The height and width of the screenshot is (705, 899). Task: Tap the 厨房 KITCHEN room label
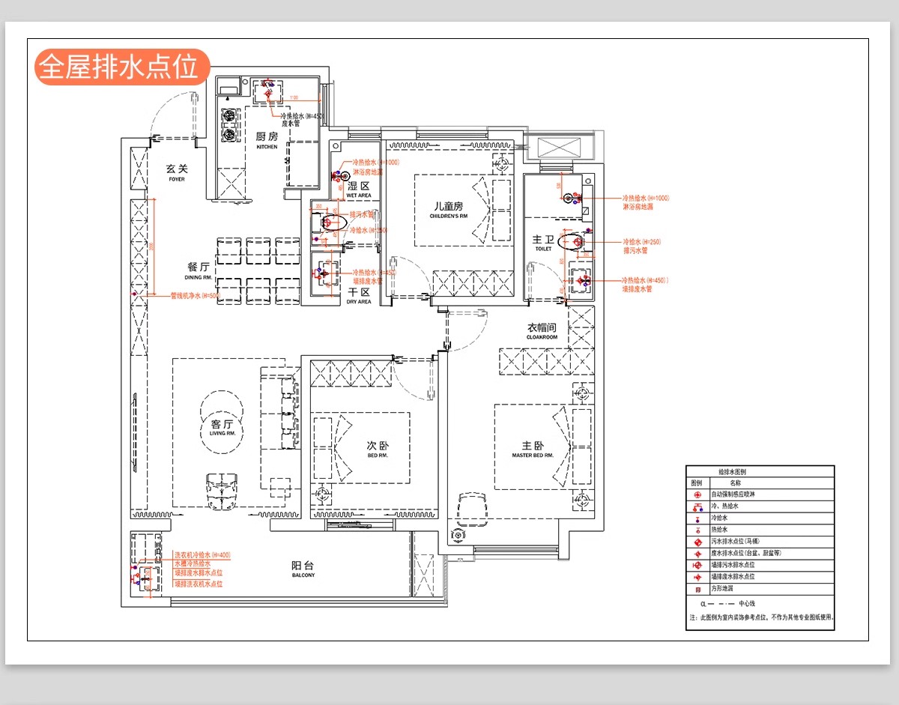[x=267, y=140]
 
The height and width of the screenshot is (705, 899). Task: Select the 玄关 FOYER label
[x=177, y=173]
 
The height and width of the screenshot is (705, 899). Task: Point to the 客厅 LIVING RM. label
[x=223, y=428]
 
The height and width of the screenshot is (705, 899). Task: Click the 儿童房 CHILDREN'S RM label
[x=448, y=210]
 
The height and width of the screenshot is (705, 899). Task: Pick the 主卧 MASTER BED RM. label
[x=533, y=450]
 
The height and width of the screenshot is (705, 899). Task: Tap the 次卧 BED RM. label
[x=377, y=449]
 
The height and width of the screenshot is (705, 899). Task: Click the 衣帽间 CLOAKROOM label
[x=542, y=331]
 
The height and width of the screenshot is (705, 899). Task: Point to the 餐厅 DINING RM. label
[x=199, y=271]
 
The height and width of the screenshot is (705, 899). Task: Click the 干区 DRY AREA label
[x=359, y=296]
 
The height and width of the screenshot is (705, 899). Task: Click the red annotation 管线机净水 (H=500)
[x=195, y=296]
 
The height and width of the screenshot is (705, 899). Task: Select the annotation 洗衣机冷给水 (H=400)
[x=202, y=554]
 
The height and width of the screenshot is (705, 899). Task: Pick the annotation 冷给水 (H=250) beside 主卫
[x=641, y=242]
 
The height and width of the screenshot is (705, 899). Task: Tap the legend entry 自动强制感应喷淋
[x=733, y=495]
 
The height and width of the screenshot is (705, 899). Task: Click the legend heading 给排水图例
[x=732, y=473]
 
